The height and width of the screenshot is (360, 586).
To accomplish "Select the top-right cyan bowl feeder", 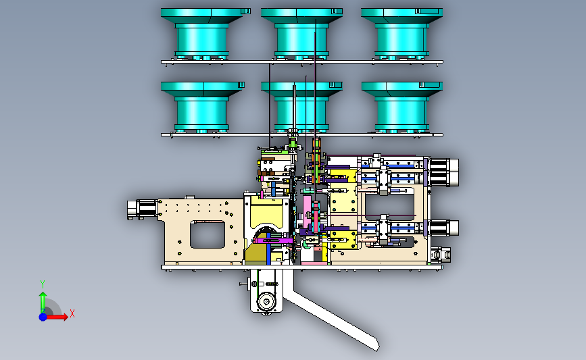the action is point(401,34).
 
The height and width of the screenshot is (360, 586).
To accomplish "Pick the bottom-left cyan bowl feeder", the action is point(202,107).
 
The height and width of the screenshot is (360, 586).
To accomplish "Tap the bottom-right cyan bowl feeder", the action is point(401,107).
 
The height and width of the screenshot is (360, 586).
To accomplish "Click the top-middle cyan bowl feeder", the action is point(301,34).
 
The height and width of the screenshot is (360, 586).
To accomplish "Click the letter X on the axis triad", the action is point(72,313).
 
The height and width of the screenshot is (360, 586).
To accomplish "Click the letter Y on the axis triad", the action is point(43,285).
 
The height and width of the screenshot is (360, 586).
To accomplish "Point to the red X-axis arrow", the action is point(56,317).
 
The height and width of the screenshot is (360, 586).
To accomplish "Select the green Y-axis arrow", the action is point(43,303).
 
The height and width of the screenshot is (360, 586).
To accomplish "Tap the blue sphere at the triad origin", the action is point(43,317).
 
